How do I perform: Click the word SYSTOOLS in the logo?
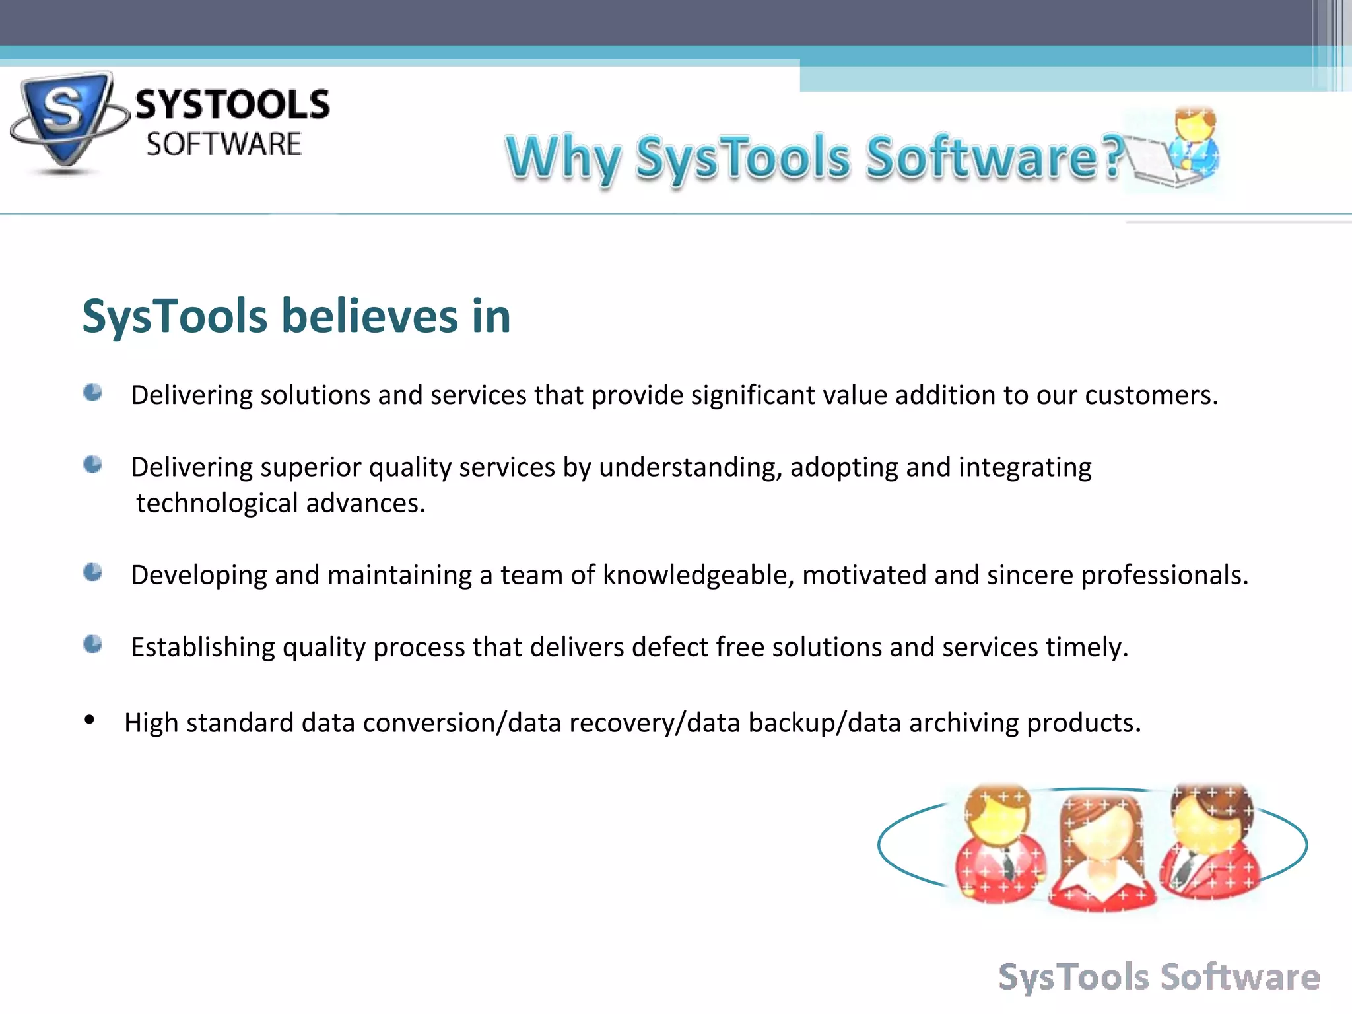coord(232,106)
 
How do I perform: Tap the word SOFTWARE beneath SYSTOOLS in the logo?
coord(224,145)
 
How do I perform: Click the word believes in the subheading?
coord(369,316)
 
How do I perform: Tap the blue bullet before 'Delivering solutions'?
coord(93,393)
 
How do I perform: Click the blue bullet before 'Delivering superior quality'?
coord(93,465)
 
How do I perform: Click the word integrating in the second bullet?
coord(1025,467)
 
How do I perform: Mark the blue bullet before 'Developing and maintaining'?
coord(93,572)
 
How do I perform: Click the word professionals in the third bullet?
coord(1164,576)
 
